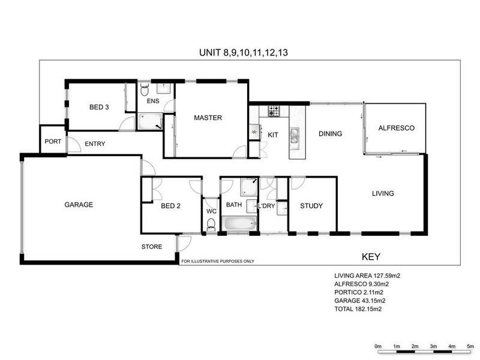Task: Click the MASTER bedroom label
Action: (x=208, y=118)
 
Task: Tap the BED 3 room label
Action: (x=99, y=107)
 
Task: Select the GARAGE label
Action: (x=79, y=205)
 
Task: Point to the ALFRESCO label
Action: (x=397, y=128)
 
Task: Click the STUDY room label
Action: (x=311, y=206)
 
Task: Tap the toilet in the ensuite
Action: (x=144, y=89)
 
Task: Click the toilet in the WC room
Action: (x=211, y=224)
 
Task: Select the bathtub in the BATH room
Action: (x=239, y=224)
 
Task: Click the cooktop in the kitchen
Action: (x=274, y=111)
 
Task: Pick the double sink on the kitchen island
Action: (x=295, y=136)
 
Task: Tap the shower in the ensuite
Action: (x=149, y=121)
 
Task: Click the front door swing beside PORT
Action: (x=74, y=145)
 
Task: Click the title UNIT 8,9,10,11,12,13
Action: (x=244, y=53)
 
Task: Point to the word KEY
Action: (x=371, y=257)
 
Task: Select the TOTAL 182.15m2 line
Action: (x=358, y=309)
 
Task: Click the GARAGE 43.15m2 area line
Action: (x=359, y=301)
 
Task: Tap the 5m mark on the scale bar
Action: (x=470, y=346)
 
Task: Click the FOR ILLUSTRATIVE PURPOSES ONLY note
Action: (x=218, y=261)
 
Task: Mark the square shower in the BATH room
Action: (x=249, y=187)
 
